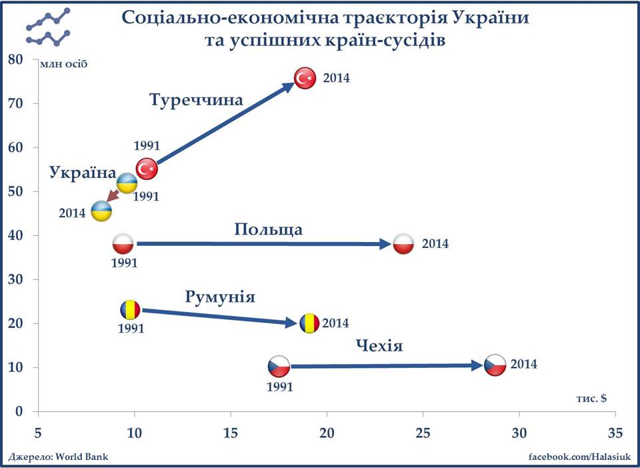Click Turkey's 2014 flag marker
click(305, 79)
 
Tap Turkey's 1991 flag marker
click(147, 169)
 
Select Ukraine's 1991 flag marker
click(127, 182)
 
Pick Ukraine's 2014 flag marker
click(101, 211)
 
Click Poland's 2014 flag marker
click(404, 244)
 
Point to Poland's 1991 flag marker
click(124, 244)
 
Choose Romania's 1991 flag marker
click(131, 309)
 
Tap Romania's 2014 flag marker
click(309, 323)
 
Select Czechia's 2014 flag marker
click(495, 365)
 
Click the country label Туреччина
click(196, 101)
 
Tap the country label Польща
click(268, 230)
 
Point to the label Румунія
click(220, 297)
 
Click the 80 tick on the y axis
click(15, 59)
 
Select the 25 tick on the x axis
click(423, 432)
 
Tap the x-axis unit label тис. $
click(591, 398)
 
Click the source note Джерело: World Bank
click(58, 457)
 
